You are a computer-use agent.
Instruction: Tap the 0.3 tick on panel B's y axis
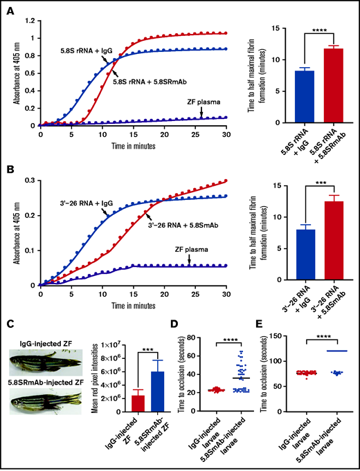(30, 179)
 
